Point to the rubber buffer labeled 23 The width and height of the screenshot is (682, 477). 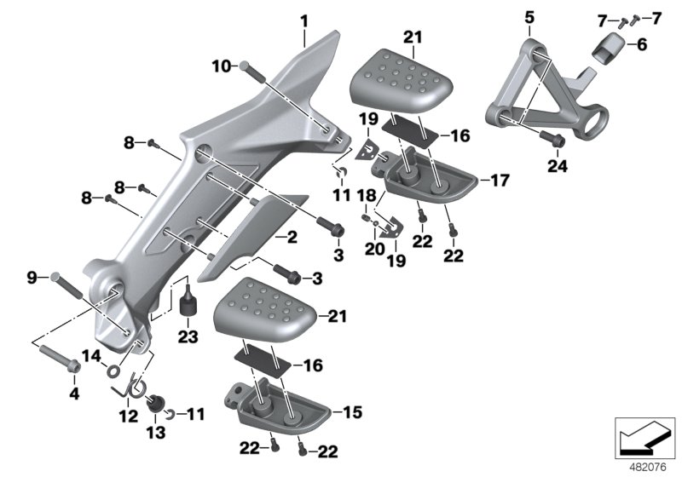point(188,302)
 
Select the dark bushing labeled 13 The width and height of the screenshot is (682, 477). point(156,402)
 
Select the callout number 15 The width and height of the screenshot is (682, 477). point(353,412)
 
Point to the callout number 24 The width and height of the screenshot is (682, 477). point(557,168)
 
